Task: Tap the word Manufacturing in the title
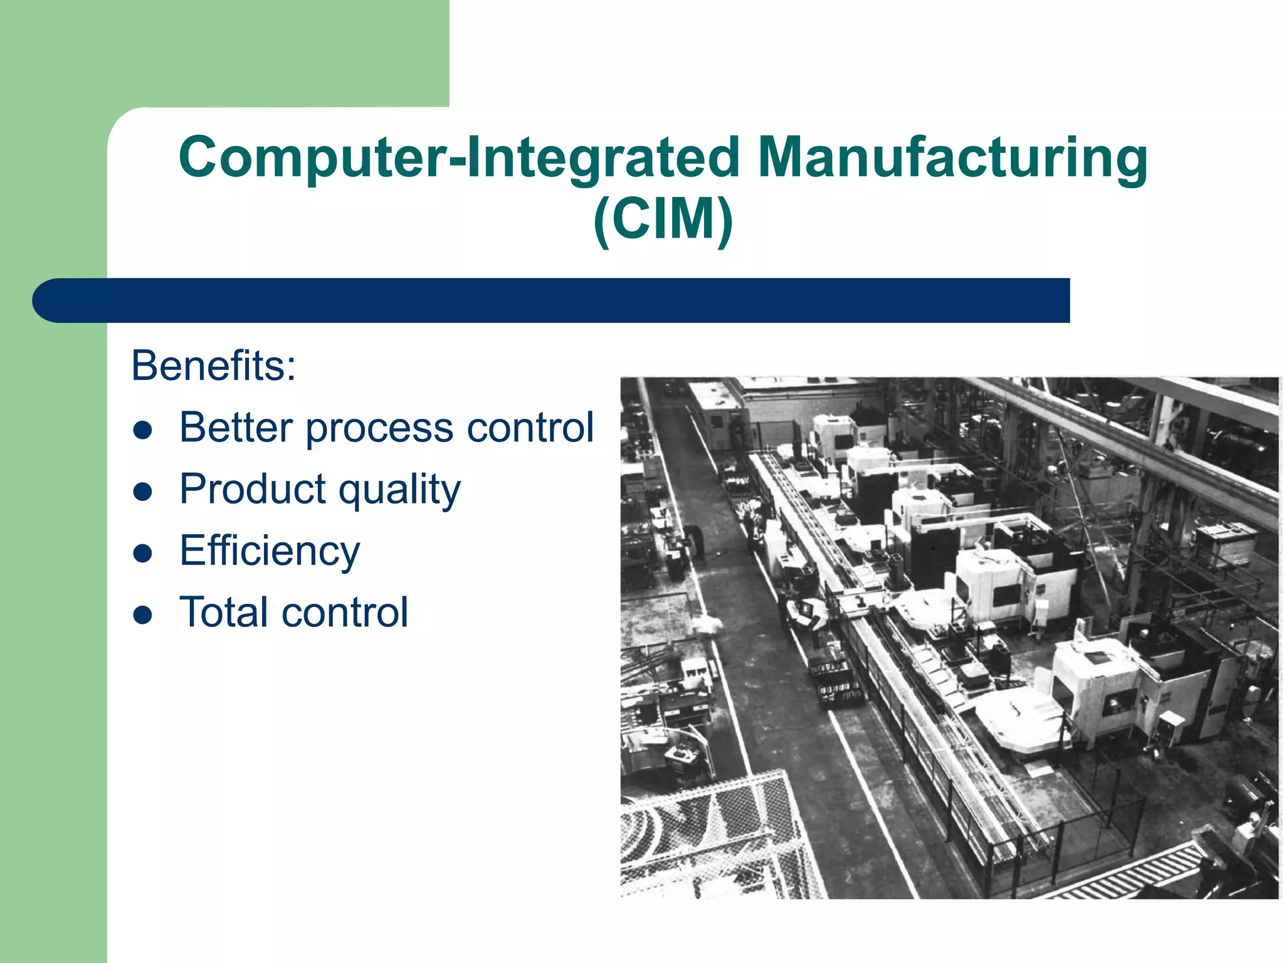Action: point(952,157)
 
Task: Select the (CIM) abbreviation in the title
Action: point(663,219)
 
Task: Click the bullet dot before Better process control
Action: point(144,430)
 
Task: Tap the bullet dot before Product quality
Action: point(144,492)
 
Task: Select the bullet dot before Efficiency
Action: point(144,553)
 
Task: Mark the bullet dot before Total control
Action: point(144,614)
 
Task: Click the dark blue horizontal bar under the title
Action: point(564,300)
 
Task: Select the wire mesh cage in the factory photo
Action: point(715,834)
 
